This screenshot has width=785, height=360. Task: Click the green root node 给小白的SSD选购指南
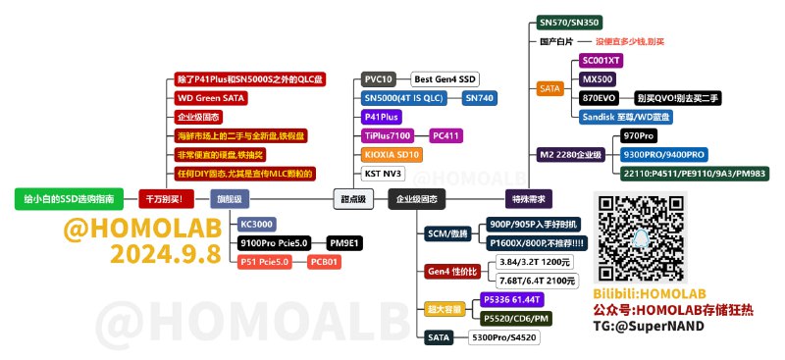pyautogui.click(x=69, y=198)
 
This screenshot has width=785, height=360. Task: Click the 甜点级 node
pyautogui.click(x=354, y=198)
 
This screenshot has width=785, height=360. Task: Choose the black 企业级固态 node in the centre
pyautogui.click(x=418, y=198)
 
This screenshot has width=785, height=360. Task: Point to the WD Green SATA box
pyautogui.click(x=210, y=97)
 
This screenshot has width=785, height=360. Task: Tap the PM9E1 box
pyautogui.click(x=345, y=242)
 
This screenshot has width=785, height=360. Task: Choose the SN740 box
pyautogui.click(x=480, y=97)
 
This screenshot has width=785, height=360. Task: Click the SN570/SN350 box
pyautogui.click(x=570, y=23)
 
